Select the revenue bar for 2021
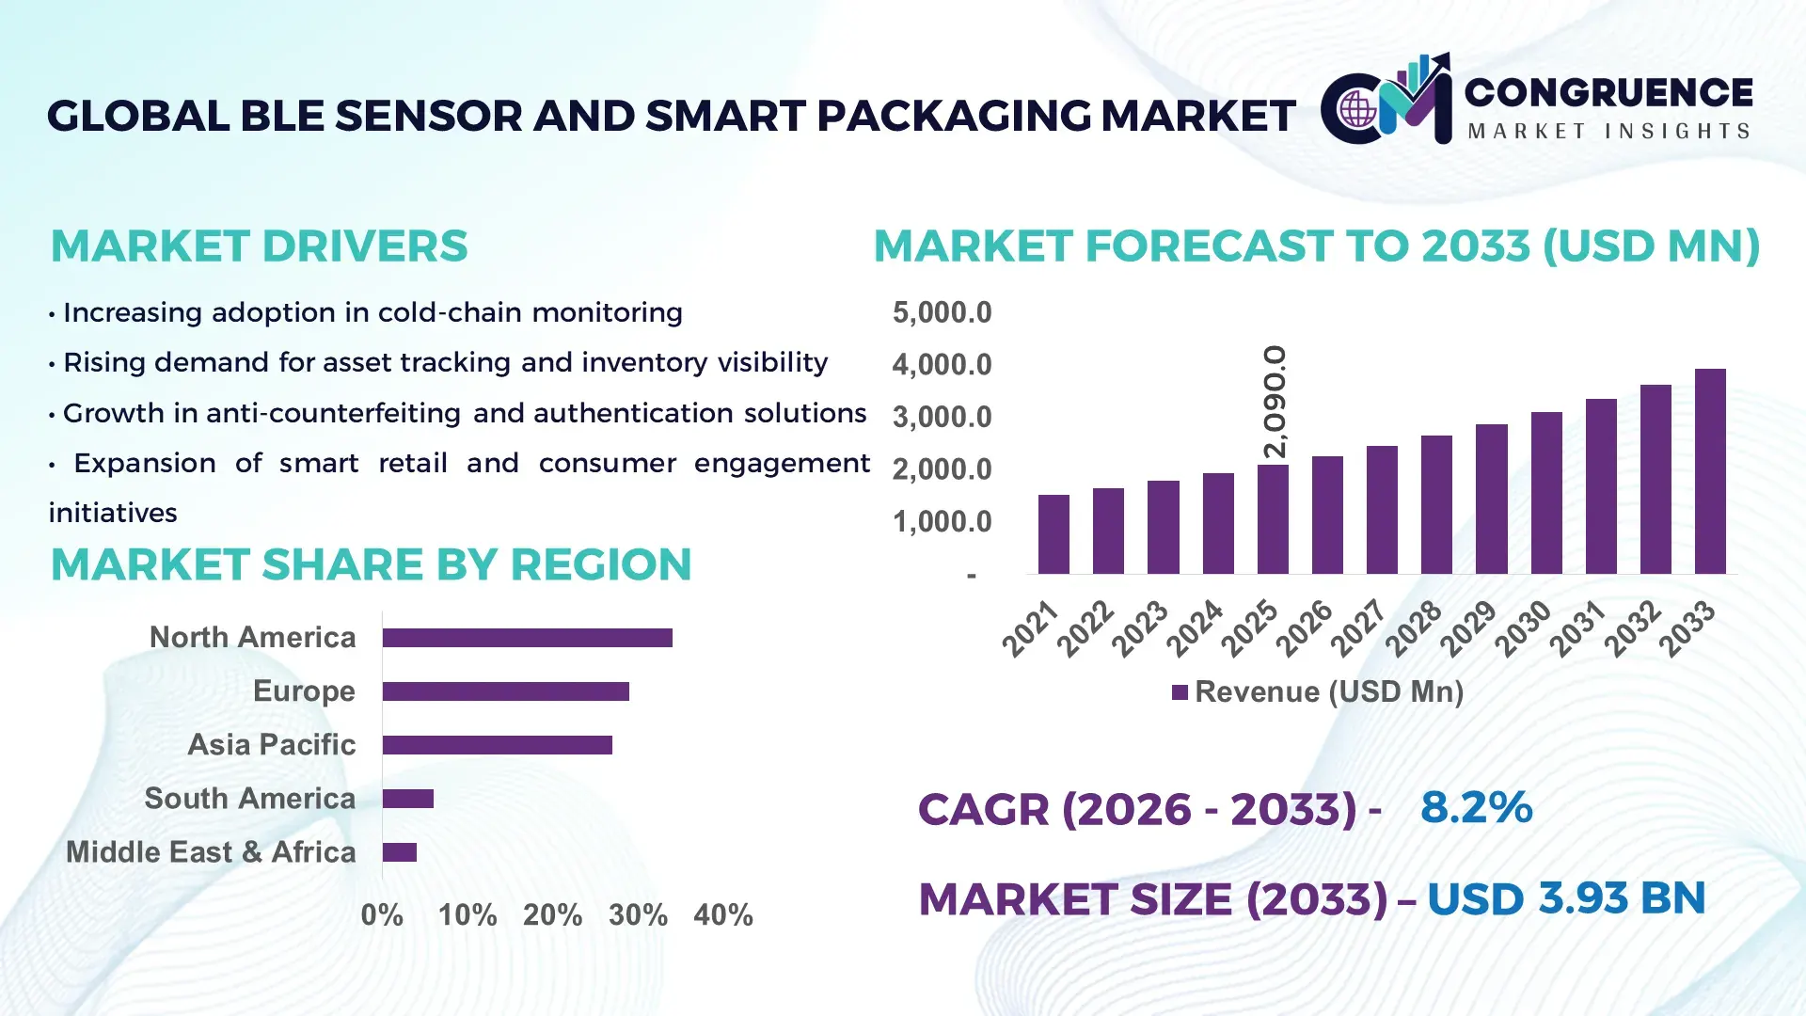pyautogui.click(x=1053, y=533)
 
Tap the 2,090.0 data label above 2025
pyautogui.click(x=1275, y=402)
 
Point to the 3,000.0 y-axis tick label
pyautogui.click(x=942, y=417)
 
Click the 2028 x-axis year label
pyautogui.click(x=1414, y=627)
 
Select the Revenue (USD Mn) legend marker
pyautogui.click(x=1180, y=692)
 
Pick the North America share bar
pyautogui.click(x=527, y=638)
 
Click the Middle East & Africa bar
pyautogui.click(x=400, y=852)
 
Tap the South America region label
pyautogui.click(x=249, y=799)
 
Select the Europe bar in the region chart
pyautogui.click(x=505, y=691)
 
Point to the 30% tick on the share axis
pyautogui.click(x=638, y=915)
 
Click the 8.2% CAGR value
pyautogui.click(x=1476, y=807)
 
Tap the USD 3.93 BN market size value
pyautogui.click(x=1565, y=898)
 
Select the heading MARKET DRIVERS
pyautogui.click(x=259, y=246)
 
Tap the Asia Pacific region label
pyautogui.click(x=271, y=745)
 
